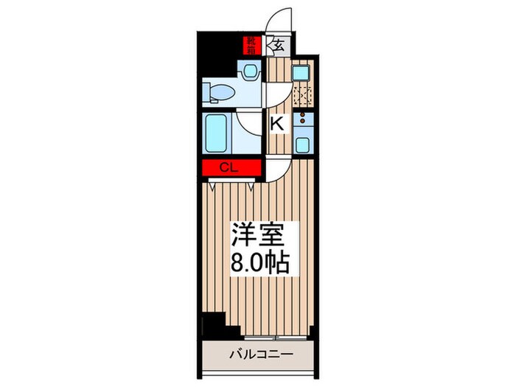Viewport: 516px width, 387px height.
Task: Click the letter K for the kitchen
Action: (276, 124)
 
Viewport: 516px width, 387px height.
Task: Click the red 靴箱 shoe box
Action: (252, 46)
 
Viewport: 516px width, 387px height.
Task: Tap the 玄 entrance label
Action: (279, 45)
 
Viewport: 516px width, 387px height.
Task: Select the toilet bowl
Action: (218, 91)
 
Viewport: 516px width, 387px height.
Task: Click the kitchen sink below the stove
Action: (302, 142)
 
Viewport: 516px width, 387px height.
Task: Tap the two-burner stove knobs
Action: (302, 118)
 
